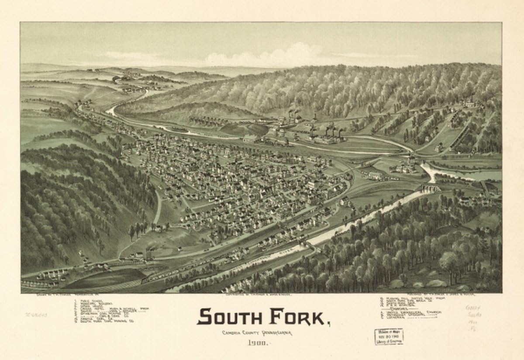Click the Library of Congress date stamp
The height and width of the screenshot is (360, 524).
388,336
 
